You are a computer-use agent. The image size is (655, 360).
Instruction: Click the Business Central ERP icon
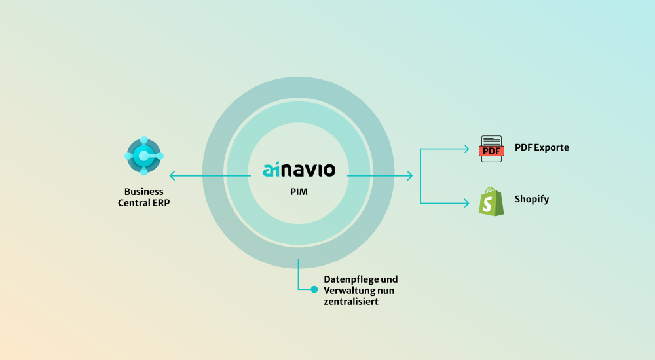[144, 156]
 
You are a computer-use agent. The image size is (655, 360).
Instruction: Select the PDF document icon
[491, 149]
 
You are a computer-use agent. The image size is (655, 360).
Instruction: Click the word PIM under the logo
[299, 193]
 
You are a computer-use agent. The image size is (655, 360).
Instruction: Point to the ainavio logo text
[299, 170]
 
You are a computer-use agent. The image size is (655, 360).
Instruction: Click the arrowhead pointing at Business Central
[172, 175]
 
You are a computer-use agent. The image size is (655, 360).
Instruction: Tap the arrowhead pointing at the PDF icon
[467, 149]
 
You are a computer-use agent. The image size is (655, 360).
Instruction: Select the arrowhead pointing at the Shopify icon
[467, 203]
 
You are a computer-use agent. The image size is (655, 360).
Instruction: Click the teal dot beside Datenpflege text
[314, 289]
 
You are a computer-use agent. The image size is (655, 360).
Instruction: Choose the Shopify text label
[531, 199]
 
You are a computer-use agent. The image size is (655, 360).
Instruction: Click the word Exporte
[552, 147]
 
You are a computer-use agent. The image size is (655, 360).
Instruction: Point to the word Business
[144, 192]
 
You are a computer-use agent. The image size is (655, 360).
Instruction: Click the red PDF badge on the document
[491, 151]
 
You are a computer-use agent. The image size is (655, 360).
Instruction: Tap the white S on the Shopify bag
[487, 204]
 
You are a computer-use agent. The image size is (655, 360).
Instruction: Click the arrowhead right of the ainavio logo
[409, 175]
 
